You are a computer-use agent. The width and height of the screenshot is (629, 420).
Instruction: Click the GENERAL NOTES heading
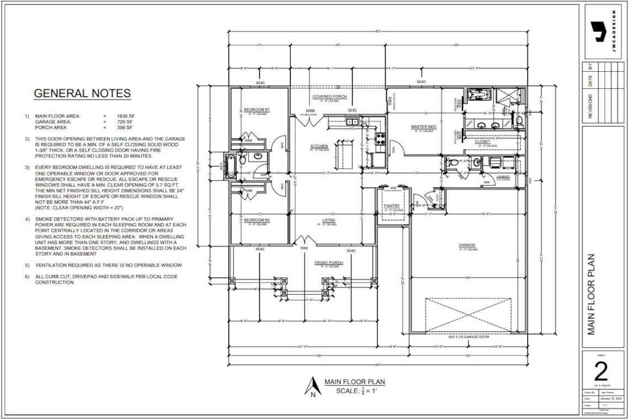[x=82, y=93]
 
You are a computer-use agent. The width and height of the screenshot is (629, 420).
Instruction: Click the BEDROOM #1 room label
[x=257, y=110]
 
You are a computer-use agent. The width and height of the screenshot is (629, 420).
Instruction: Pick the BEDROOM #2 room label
[x=257, y=220]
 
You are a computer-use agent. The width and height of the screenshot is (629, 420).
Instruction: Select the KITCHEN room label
[x=319, y=146]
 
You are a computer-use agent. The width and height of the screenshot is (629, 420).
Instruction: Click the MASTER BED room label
[x=423, y=127]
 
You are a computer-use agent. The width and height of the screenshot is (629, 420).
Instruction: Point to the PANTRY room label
[x=392, y=206]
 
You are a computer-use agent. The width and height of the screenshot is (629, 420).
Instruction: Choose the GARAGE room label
[x=467, y=245]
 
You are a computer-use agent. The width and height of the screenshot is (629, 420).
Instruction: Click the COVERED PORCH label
[x=329, y=97]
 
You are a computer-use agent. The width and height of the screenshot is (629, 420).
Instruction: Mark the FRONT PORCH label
[x=329, y=263]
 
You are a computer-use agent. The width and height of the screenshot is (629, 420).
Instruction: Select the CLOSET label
[x=482, y=142]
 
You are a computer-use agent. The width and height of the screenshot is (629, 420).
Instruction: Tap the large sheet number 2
[x=601, y=374]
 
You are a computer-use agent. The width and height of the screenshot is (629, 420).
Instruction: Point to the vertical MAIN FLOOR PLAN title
[x=591, y=294]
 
